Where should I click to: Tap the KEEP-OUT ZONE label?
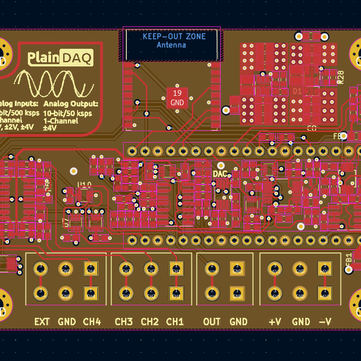click(x=174, y=37)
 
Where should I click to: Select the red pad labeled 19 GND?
click(x=177, y=98)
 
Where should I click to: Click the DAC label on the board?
click(x=221, y=173)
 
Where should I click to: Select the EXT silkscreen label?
click(x=42, y=321)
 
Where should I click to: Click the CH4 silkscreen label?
click(x=91, y=321)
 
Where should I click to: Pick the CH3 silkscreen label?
click(x=123, y=321)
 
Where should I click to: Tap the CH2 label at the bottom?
click(x=149, y=321)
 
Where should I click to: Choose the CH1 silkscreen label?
click(x=175, y=321)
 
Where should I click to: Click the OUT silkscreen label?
click(x=212, y=321)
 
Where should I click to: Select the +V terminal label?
click(x=274, y=321)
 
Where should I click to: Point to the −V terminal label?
click(x=326, y=321)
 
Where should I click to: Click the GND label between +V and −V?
click(x=300, y=321)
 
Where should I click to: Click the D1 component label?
click(x=297, y=90)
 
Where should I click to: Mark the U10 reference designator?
click(x=84, y=185)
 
